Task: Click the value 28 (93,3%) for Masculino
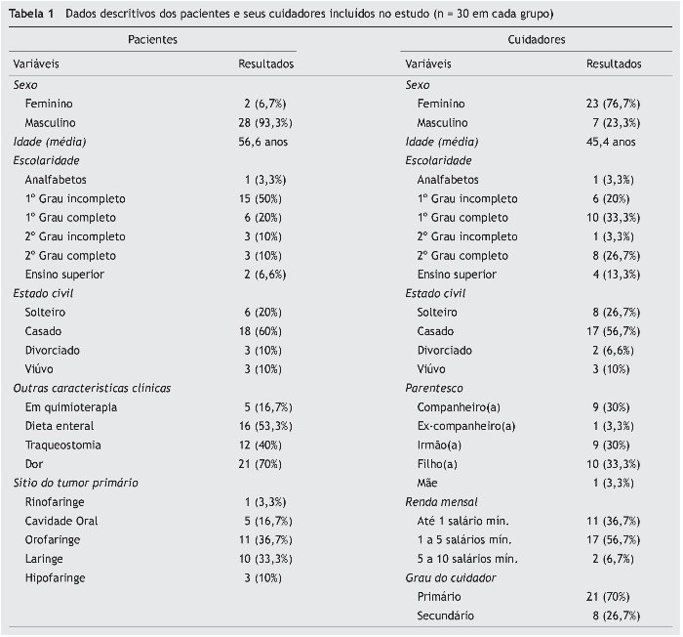point(265,123)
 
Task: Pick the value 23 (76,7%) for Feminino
point(613,104)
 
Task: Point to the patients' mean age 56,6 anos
point(265,142)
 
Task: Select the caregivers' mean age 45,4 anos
point(613,142)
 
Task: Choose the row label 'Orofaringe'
point(53,539)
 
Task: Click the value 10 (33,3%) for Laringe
point(265,559)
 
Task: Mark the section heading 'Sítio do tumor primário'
point(75,483)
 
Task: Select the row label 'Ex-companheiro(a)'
point(466,426)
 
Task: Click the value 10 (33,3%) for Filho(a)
point(613,464)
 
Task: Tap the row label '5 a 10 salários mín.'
point(466,559)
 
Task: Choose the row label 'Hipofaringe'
point(56,577)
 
